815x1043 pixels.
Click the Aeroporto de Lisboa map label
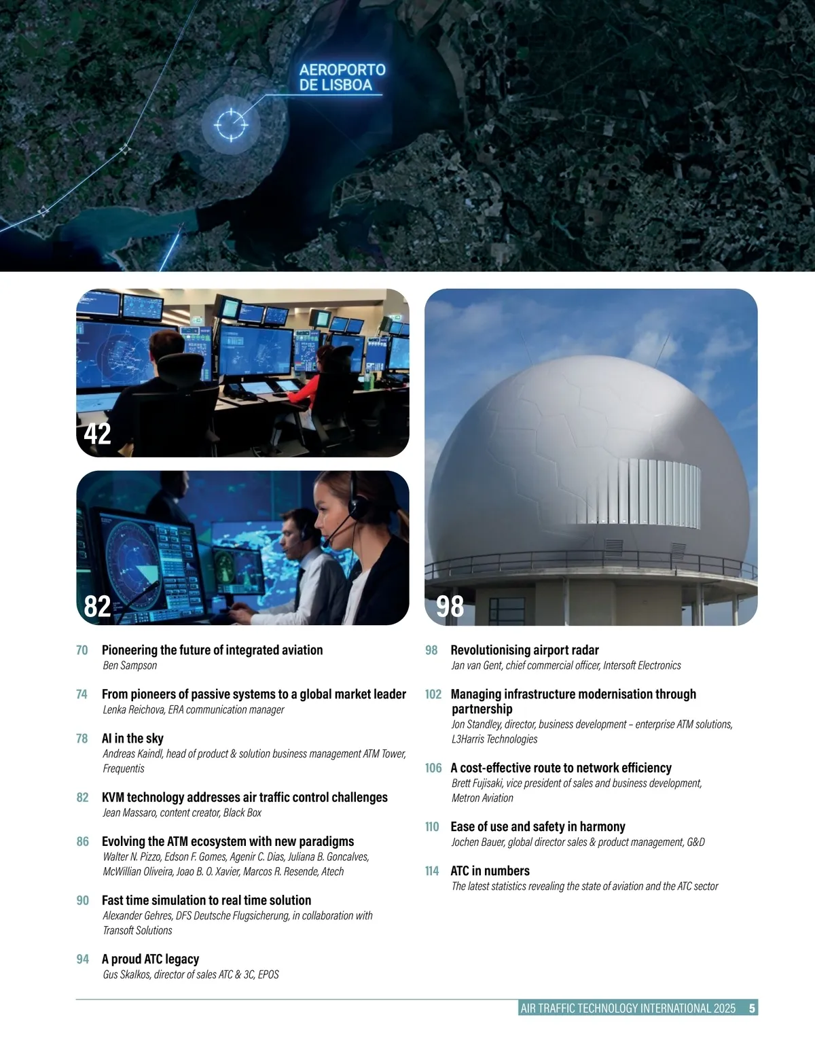click(x=342, y=77)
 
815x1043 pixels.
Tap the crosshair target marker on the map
click(x=230, y=124)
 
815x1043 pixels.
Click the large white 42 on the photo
click(x=97, y=434)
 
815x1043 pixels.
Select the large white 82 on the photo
click(x=97, y=605)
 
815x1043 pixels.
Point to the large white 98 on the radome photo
click(x=450, y=605)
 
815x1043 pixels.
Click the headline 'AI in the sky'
click(x=132, y=738)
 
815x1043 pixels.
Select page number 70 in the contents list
click(x=82, y=650)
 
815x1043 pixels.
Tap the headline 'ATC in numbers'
click(x=490, y=870)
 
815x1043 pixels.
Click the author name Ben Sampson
click(x=130, y=665)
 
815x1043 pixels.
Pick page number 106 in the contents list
click(x=433, y=768)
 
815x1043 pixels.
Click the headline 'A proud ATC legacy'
click(x=150, y=959)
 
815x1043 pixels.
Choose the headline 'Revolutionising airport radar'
click(x=524, y=650)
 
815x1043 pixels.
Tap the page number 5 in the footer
click(x=752, y=1008)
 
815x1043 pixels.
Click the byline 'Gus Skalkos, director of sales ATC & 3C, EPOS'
click(x=191, y=974)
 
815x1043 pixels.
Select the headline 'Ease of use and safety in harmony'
click(x=538, y=826)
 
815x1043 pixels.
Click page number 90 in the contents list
click(x=82, y=900)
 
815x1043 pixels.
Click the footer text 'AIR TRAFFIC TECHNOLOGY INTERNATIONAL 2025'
click(x=628, y=1008)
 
